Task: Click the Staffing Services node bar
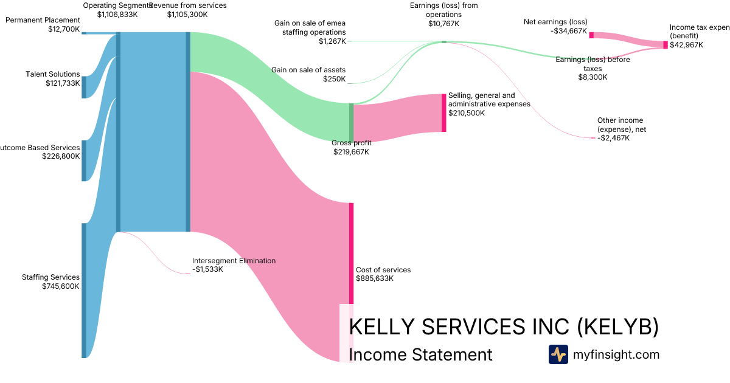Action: tap(84, 291)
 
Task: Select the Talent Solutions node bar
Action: tap(84, 87)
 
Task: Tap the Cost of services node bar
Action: tap(351, 253)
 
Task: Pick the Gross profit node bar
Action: tap(351, 122)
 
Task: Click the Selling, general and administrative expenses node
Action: tap(443, 112)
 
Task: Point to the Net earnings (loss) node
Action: tap(591, 35)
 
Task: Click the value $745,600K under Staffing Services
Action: tap(61, 286)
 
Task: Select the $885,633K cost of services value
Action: tap(375, 278)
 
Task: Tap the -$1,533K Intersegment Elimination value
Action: tap(207, 269)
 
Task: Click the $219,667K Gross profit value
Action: tap(351, 152)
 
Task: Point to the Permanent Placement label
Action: tap(43, 20)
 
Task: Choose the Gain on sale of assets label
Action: tap(308, 70)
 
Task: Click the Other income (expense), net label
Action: tap(620, 125)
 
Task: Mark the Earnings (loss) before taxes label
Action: tap(593, 64)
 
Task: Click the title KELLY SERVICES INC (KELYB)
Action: tap(504, 326)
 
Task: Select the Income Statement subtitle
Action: tap(420, 354)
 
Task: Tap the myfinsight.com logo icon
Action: tap(558, 354)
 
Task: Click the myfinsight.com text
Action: tap(616, 354)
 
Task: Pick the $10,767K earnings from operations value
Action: tap(443, 24)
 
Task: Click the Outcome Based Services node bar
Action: tap(84, 160)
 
